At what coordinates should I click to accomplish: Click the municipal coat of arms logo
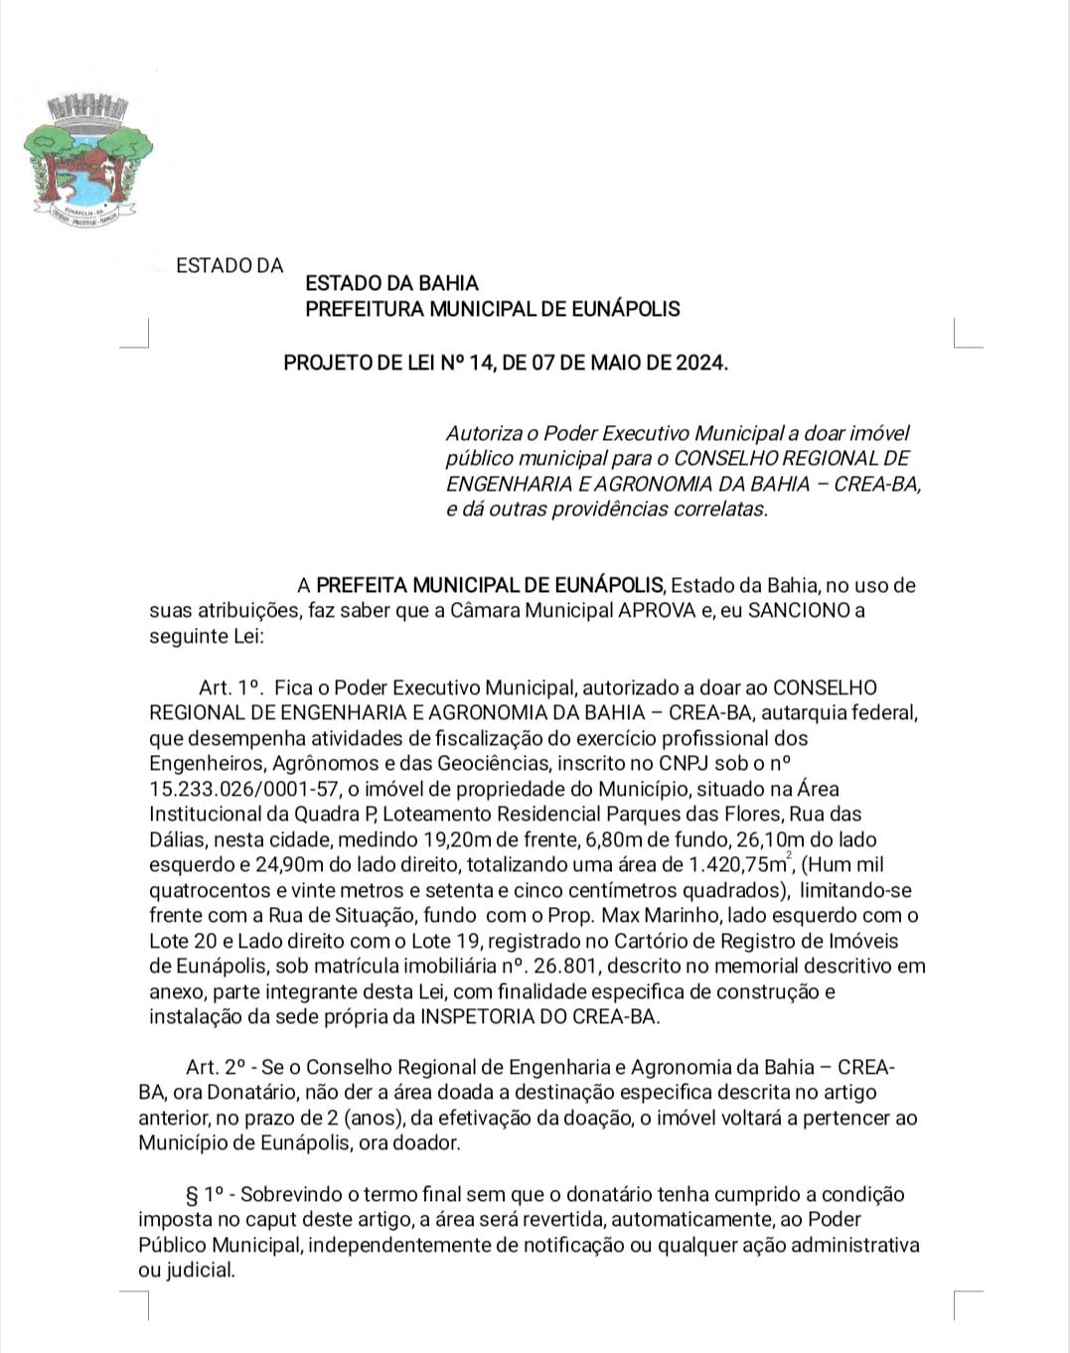tap(86, 158)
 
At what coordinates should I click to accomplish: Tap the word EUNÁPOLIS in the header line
tap(625, 309)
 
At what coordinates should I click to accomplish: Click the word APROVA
tap(657, 610)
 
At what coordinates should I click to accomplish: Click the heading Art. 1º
tap(229, 687)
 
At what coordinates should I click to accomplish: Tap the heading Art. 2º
tap(217, 1068)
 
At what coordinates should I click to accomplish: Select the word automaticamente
tap(701, 1220)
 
